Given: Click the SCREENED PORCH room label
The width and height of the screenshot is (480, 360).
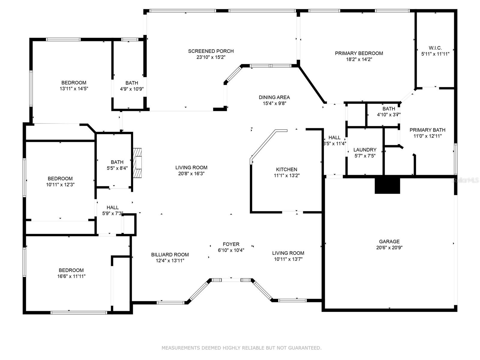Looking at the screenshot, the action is (x=211, y=51).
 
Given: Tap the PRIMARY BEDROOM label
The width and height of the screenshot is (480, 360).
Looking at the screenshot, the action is (x=359, y=53).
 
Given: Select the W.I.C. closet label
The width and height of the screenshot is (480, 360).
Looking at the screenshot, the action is (x=435, y=48).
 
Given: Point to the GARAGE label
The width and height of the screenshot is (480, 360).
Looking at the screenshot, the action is (x=389, y=241).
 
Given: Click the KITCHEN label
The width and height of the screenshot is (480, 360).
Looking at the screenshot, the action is (x=286, y=169).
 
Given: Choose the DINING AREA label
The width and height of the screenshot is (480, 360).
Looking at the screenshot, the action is (x=274, y=97).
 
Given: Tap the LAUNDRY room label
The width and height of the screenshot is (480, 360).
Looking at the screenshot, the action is (x=365, y=150).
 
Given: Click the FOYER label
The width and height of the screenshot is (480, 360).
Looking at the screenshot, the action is (x=231, y=244).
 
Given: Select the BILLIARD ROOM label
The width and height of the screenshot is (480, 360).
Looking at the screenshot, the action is (x=170, y=255).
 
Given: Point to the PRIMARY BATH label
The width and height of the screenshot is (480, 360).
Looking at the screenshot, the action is (x=427, y=130).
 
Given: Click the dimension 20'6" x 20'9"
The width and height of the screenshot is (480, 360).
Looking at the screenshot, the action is (x=389, y=247).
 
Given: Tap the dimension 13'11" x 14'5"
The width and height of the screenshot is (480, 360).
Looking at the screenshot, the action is (x=74, y=88).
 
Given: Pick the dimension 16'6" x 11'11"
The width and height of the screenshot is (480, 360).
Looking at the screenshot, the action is (x=71, y=276).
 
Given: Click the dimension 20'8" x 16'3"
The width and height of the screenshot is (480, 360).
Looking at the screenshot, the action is (x=191, y=174).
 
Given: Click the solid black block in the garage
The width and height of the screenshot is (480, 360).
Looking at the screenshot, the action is (x=387, y=185).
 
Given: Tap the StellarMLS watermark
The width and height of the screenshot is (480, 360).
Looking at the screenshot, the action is (x=465, y=180).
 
